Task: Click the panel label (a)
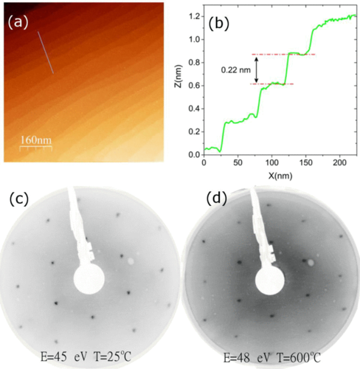coord(18,23)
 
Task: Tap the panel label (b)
coord(218,24)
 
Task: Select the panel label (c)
coord(19,199)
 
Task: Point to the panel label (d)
coord(217,199)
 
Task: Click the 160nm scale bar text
coord(36,140)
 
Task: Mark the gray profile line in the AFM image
coord(46,52)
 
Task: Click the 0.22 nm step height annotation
coord(236,70)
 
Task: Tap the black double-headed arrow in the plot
coord(256,70)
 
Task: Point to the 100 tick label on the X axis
coord(271,162)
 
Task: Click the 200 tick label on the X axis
coord(340,162)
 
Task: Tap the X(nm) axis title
coord(280,176)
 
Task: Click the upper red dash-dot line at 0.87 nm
coord(283,55)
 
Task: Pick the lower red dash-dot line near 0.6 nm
coord(271,84)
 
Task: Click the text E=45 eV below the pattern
coord(64,357)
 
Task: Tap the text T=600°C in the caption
coord(299,358)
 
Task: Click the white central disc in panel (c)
coord(89,279)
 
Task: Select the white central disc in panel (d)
coord(270,280)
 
